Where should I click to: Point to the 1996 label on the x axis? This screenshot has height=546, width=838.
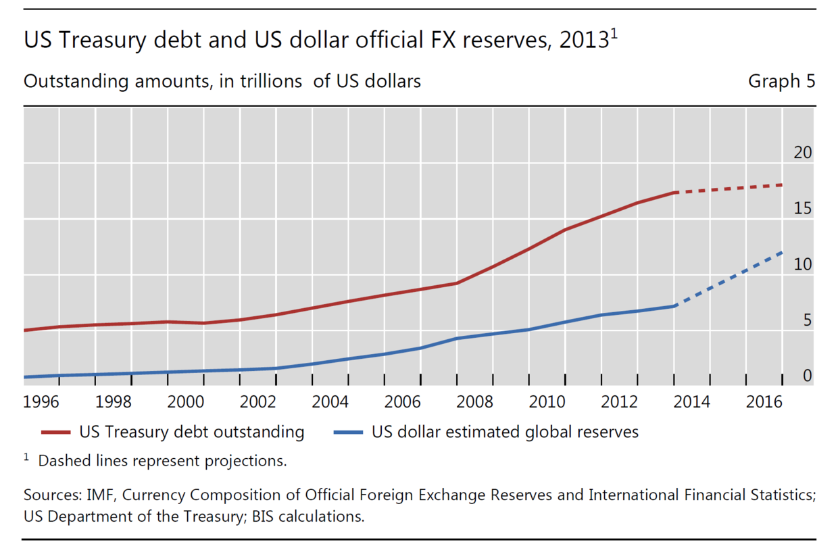[41, 403]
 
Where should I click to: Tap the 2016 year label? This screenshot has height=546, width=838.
[764, 403]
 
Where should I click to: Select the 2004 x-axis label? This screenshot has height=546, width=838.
[330, 403]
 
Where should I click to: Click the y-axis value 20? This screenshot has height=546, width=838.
[802, 153]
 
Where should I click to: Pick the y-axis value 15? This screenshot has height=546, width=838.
[802, 209]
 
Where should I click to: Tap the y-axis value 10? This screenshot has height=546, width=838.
[802, 265]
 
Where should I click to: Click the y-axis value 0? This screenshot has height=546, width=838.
[807, 376]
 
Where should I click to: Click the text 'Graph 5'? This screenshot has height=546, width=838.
[781, 82]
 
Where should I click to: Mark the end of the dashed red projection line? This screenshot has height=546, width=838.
[783, 184]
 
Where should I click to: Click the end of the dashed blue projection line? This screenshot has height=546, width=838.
[783, 252]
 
